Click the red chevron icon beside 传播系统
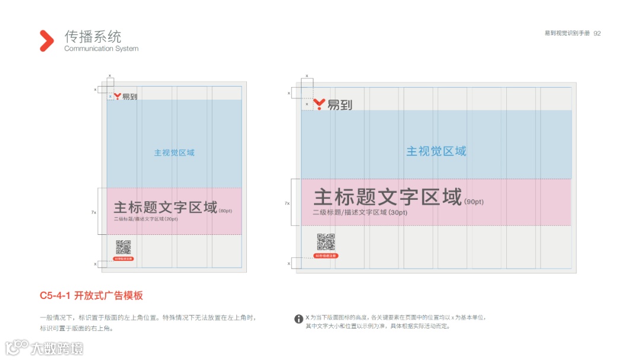46,40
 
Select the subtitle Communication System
101,49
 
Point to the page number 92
597,33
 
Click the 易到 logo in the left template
125,96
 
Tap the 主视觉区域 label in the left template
174,152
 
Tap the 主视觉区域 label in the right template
436,151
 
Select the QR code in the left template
123,247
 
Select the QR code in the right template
326,242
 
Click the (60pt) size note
226,211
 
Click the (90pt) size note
474,202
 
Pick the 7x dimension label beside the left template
94,212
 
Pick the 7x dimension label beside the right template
288,203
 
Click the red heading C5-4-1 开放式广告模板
91,295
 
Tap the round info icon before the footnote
299,319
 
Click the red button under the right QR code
326,256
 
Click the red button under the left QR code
123,259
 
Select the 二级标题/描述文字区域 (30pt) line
360,212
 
